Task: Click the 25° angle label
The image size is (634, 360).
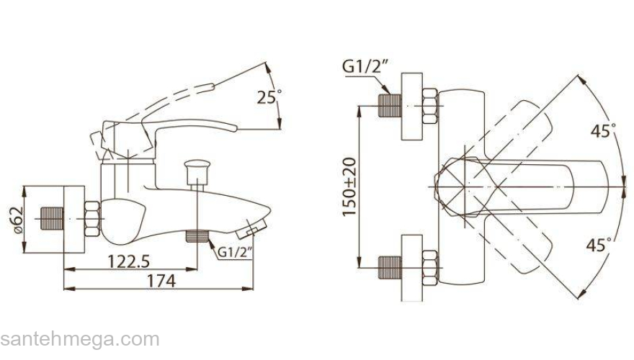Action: (x=269, y=97)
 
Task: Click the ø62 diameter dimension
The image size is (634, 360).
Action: (x=18, y=220)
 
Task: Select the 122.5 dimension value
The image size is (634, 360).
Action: (x=128, y=262)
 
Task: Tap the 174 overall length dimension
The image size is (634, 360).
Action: (x=161, y=281)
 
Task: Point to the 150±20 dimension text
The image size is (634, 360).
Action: (x=349, y=186)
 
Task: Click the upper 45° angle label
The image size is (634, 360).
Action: (x=603, y=131)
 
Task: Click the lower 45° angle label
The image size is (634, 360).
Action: (x=599, y=245)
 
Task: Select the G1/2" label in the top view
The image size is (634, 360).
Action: (x=365, y=66)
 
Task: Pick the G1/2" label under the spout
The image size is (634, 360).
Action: (x=235, y=252)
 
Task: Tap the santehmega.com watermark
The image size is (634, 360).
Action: (x=80, y=339)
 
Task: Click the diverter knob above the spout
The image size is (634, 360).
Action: (x=197, y=173)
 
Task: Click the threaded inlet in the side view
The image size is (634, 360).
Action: (x=52, y=219)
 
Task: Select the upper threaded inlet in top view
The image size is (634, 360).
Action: (x=390, y=106)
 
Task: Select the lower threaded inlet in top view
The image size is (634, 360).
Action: (x=390, y=267)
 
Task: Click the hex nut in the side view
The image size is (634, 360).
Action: (x=92, y=219)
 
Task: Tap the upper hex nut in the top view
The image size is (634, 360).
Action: (x=430, y=106)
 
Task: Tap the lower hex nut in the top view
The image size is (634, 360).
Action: (x=430, y=268)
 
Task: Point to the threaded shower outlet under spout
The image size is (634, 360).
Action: (x=197, y=236)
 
